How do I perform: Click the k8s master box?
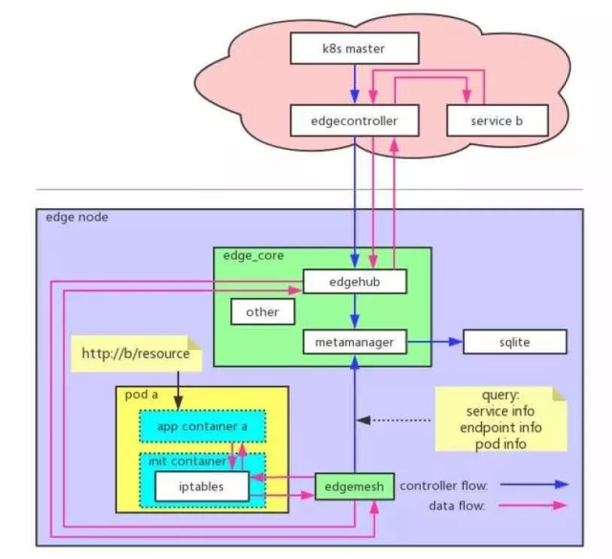coord(356,47)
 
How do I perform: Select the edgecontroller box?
coord(356,121)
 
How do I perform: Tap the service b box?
coord(497,121)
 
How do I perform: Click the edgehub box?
coord(356,281)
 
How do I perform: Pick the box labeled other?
coord(262,312)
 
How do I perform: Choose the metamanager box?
coord(356,341)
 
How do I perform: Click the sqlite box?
coord(514,341)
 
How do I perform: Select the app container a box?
coord(201,426)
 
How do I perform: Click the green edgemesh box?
coord(355,486)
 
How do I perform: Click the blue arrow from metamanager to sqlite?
coord(435,341)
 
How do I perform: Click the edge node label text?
coord(77,218)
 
